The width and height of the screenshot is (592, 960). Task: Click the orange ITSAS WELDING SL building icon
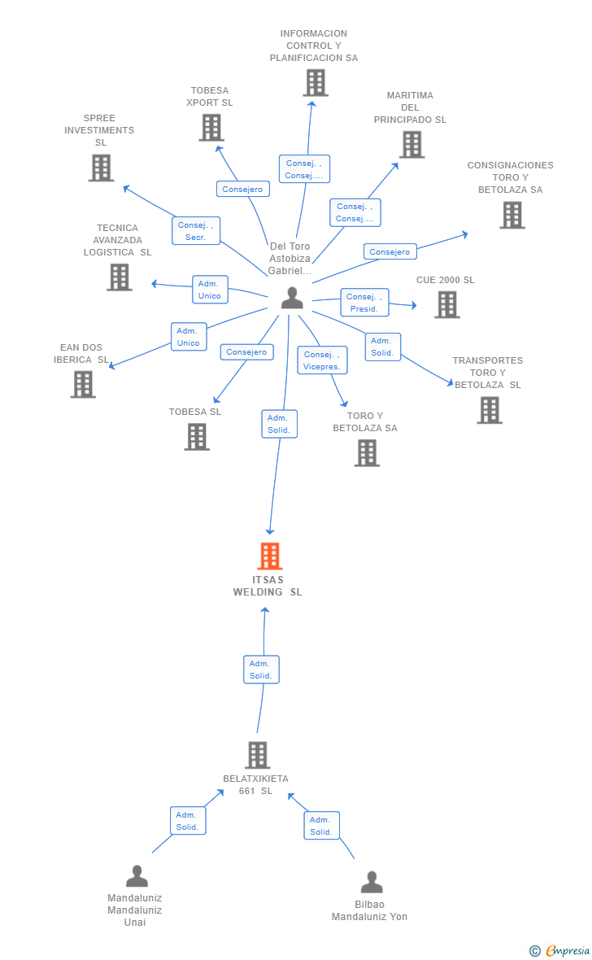[x=269, y=556]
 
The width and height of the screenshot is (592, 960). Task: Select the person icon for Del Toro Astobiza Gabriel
[x=292, y=298]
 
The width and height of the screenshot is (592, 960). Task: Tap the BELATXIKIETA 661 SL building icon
[x=257, y=755]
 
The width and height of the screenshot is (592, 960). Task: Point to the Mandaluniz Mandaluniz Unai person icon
[x=137, y=876]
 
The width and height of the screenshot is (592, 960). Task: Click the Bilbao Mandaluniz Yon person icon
[x=372, y=882]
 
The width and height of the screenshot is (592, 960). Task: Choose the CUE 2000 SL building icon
[x=446, y=304]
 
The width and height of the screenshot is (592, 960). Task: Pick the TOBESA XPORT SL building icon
[x=211, y=128]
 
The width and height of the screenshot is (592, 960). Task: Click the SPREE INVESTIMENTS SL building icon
[x=101, y=168]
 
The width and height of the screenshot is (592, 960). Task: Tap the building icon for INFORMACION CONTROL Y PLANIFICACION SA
[x=315, y=83]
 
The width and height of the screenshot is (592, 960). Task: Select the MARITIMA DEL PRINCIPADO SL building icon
[x=411, y=145]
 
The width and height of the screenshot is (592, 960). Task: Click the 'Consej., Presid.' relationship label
[x=364, y=303]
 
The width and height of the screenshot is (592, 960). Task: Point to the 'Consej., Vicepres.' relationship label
[x=323, y=360]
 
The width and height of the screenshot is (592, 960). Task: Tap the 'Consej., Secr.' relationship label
[x=195, y=231]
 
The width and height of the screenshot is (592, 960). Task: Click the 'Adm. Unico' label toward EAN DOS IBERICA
[x=188, y=337]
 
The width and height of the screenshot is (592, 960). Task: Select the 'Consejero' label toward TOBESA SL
[x=246, y=352]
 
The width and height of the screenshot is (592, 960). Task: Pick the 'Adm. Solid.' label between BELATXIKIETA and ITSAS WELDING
[x=261, y=670]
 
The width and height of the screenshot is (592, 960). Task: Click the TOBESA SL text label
[x=195, y=412]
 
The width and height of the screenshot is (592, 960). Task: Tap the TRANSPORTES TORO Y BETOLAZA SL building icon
[x=489, y=410]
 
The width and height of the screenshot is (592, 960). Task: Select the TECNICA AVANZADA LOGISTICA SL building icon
[x=119, y=277]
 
